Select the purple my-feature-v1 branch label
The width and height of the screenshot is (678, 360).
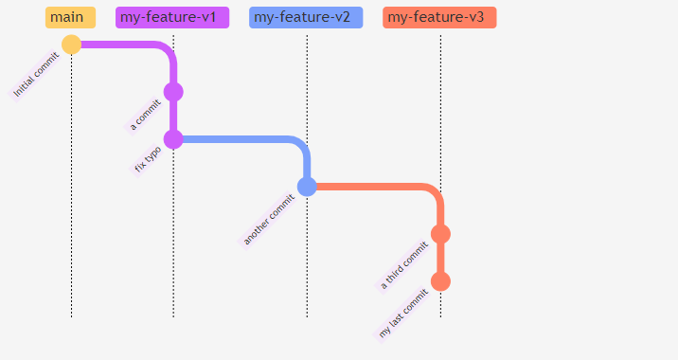[x=172, y=17]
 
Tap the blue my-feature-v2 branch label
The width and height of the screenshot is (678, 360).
[x=306, y=17]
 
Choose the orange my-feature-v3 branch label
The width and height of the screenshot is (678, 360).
[x=439, y=17]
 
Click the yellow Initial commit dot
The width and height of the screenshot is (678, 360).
[x=71, y=45]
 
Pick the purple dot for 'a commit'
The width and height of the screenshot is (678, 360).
[x=173, y=92]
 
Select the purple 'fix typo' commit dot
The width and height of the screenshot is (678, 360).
[x=173, y=139]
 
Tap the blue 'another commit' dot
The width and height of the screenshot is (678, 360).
[x=307, y=187]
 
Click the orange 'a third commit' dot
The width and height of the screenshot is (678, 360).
[x=440, y=234]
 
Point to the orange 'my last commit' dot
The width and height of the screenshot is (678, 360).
[x=440, y=281]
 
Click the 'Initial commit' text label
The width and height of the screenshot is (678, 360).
[x=36, y=74]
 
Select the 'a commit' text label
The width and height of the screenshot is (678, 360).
[x=146, y=115]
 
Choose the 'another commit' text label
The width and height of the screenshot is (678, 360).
[x=269, y=219]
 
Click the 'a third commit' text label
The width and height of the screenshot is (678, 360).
[x=404, y=265]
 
